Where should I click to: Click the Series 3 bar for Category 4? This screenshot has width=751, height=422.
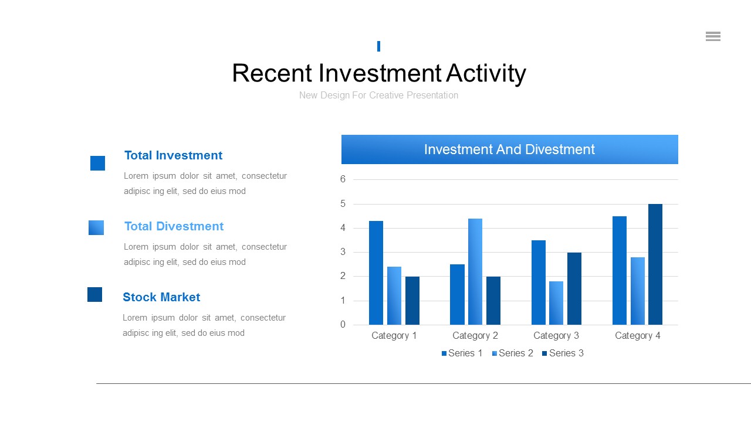point(655,264)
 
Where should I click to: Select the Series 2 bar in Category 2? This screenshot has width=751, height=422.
point(475,271)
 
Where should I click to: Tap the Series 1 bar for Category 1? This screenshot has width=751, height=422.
point(376,273)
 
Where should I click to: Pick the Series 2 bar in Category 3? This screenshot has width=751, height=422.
point(556,303)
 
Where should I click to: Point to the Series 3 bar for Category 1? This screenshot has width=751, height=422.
point(412,301)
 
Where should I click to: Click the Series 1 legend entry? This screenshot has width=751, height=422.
point(462,353)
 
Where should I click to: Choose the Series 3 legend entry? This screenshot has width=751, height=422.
point(563,353)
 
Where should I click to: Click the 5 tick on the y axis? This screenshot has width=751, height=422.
point(343,203)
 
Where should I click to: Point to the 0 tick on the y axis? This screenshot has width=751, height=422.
point(343,324)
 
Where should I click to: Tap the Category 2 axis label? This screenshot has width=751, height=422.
point(475,336)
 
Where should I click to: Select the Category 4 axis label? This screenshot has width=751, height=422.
point(638,336)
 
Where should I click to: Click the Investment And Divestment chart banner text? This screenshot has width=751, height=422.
point(510,149)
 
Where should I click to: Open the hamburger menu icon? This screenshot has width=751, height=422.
point(713,36)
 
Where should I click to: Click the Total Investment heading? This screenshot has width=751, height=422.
point(173,155)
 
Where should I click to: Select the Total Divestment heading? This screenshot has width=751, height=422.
point(174,226)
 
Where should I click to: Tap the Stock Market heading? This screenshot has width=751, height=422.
point(161,297)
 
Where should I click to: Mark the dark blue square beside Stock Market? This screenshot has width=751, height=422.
point(95,294)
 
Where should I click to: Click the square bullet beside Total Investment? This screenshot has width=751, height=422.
point(97,163)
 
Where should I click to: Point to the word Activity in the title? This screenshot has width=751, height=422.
point(486,73)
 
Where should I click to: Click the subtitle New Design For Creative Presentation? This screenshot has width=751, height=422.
point(378,96)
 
